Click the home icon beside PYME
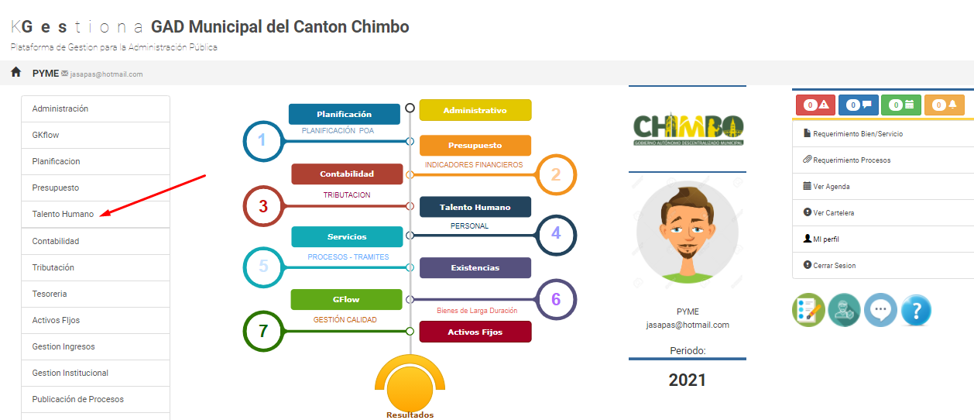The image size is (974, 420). (16, 72)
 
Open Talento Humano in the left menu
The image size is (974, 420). (63, 214)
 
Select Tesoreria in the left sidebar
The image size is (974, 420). (49, 294)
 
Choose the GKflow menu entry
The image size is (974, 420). (45, 135)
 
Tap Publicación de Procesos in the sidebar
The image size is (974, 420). (78, 399)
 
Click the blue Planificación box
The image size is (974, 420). (344, 114)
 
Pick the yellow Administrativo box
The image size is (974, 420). (475, 110)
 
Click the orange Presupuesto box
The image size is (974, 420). (475, 146)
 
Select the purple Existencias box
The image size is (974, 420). (475, 267)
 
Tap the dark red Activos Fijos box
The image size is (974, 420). (475, 332)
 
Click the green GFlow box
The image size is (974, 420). (347, 299)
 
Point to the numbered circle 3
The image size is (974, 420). (263, 206)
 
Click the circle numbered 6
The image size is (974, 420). (556, 299)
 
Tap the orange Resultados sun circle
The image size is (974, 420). (410, 388)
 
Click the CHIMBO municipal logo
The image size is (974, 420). (688, 129)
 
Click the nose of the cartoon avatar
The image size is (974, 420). (688, 234)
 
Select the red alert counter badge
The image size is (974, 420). (815, 105)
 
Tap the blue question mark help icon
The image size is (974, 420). (916, 310)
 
